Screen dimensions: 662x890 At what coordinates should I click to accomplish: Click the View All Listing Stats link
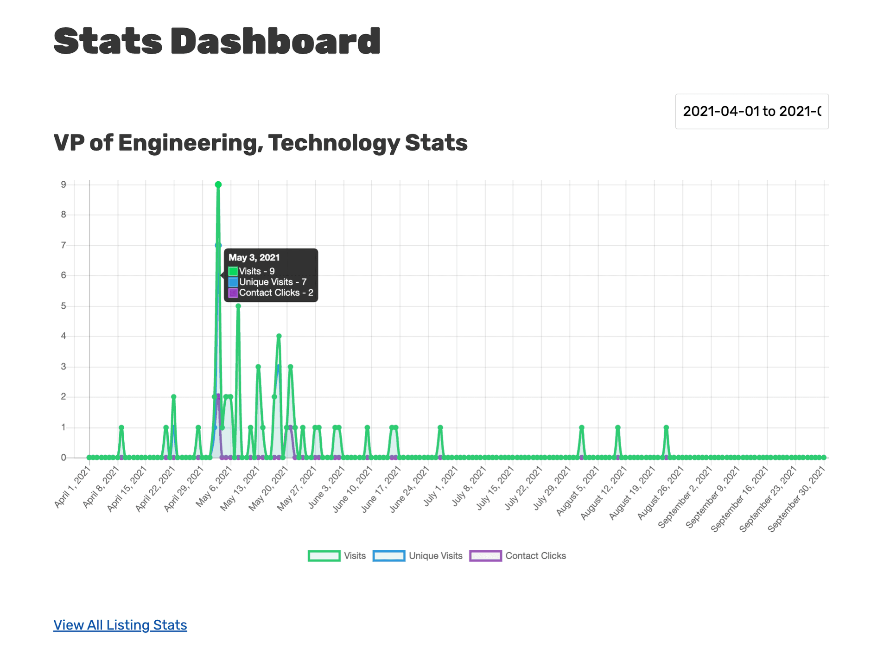(120, 625)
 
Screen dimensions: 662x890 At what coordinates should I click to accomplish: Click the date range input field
(751, 112)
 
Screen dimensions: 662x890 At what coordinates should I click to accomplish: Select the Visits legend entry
(337, 556)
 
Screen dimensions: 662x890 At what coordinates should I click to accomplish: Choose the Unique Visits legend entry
(418, 556)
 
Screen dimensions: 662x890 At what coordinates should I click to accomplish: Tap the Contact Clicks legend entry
(518, 556)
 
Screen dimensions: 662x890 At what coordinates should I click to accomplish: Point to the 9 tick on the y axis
(64, 185)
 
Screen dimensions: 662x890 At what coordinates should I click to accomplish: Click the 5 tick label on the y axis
(64, 306)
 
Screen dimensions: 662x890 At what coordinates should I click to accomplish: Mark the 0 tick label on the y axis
(64, 458)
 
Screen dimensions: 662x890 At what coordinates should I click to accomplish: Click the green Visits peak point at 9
(218, 185)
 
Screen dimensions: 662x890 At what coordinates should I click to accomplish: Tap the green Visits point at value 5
(238, 306)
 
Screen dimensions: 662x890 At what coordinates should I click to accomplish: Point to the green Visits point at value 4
(279, 336)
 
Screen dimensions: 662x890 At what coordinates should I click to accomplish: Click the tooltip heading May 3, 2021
(254, 258)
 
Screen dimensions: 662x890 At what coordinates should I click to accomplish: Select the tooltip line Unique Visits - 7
(273, 282)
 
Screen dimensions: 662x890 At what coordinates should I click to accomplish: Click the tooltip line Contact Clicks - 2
(276, 293)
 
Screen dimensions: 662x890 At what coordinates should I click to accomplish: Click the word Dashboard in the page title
(275, 41)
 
